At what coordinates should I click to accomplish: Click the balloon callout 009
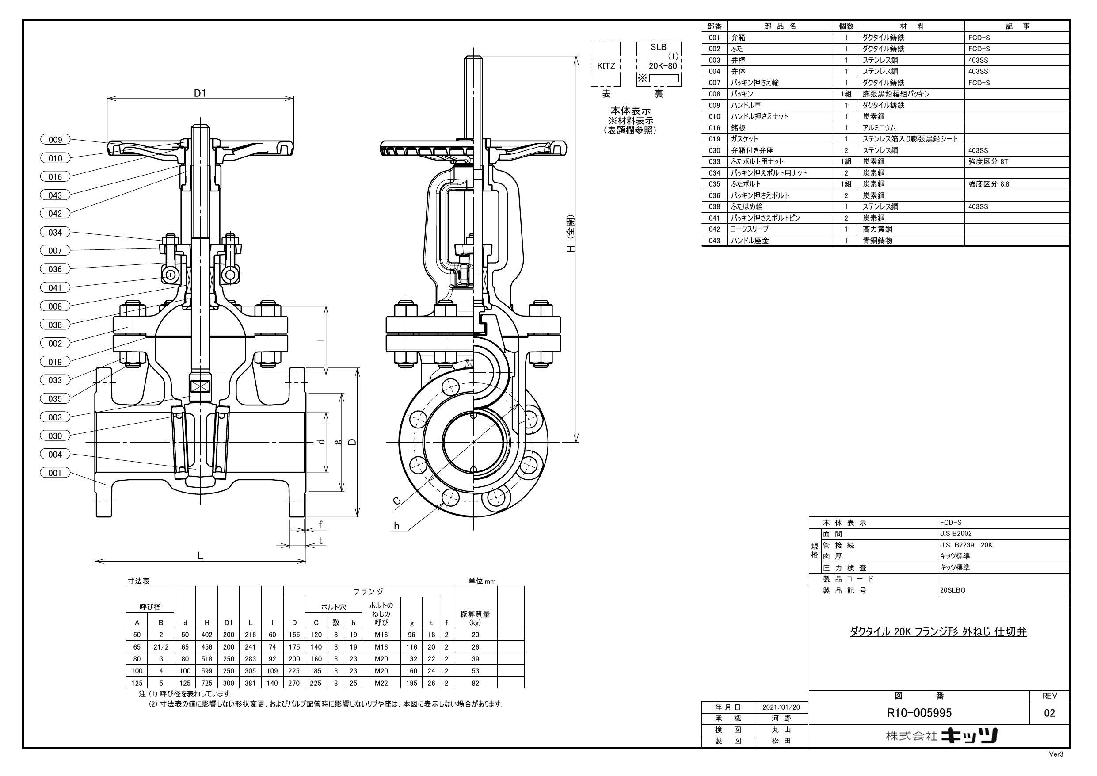pos(55,140)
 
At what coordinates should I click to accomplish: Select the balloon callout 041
pos(55,287)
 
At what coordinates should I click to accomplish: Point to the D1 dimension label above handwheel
pos(200,93)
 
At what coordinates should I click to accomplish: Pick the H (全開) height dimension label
pos(571,234)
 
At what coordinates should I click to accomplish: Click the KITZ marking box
pos(606,66)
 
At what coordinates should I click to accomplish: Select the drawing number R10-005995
pos(919,713)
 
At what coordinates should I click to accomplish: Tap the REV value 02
pos(1049,713)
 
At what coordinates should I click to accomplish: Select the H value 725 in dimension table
pos(207,683)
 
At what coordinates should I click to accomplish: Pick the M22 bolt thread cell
pos(381,683)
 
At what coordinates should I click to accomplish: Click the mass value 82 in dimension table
pos(475,683)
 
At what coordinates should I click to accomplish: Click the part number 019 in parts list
pos(714,139)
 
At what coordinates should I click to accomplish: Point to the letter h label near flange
pos(396,526)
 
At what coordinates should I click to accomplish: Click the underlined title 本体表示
pos(630,111)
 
